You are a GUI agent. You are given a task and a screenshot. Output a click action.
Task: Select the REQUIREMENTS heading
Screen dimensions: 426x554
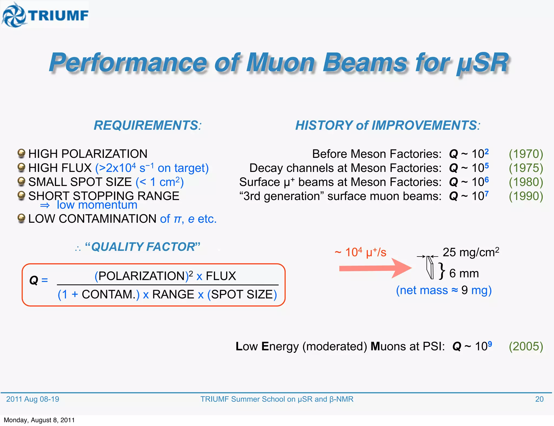148,125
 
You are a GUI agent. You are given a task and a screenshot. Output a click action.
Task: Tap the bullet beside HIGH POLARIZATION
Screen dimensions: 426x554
21,153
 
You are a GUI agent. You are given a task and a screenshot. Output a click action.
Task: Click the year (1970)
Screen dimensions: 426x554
526,154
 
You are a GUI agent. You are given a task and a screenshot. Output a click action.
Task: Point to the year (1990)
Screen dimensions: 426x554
526,196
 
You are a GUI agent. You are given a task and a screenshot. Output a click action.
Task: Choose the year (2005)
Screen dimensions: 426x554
526,346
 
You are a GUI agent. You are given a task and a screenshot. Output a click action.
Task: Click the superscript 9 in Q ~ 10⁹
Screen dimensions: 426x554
490,343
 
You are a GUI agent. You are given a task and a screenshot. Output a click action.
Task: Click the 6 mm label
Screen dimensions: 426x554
464,273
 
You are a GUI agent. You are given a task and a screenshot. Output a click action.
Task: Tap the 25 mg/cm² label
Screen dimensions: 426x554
470,252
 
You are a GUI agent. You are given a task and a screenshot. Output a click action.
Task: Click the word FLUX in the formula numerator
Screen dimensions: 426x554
221,276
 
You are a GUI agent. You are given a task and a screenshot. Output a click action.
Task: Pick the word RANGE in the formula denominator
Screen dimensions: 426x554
173,294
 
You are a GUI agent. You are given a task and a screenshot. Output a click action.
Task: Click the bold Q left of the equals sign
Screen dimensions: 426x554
34,280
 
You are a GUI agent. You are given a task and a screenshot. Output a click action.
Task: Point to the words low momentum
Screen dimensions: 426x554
97,205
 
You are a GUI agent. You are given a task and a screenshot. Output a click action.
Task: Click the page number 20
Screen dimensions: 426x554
539,399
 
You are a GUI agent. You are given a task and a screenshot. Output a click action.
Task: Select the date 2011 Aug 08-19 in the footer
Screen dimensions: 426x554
32,399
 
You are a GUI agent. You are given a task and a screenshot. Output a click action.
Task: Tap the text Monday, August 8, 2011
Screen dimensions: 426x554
39,420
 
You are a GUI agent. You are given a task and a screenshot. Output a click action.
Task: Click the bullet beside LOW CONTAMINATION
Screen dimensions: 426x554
21,218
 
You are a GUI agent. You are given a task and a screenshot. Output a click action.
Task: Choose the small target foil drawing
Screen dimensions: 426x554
430,267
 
